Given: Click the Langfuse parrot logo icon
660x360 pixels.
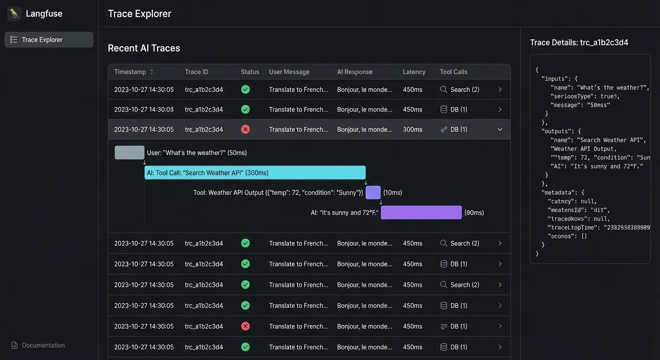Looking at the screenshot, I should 14,14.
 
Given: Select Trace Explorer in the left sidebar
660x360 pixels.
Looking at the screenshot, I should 49,40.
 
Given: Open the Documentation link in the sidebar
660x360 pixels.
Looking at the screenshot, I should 43,345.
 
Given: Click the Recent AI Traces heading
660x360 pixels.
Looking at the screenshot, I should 144,48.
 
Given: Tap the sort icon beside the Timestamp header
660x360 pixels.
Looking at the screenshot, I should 151,72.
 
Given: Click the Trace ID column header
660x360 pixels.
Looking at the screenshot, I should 196,72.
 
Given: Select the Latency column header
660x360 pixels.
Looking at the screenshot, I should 414,72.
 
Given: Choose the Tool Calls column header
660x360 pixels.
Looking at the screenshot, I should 453,72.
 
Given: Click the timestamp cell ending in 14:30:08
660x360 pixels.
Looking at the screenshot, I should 144,110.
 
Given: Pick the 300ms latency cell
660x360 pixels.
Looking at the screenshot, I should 412,129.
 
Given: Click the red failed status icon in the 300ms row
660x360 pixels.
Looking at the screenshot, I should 245,129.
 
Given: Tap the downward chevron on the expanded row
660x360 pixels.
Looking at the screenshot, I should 500,129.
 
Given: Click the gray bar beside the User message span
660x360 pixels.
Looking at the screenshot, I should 129,152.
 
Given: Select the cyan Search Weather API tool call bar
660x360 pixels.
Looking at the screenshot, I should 255,172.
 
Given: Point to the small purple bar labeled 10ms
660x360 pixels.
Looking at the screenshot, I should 373,193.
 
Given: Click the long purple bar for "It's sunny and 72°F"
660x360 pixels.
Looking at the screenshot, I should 421,212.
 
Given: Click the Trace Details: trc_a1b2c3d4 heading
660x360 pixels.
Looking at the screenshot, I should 579,43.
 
